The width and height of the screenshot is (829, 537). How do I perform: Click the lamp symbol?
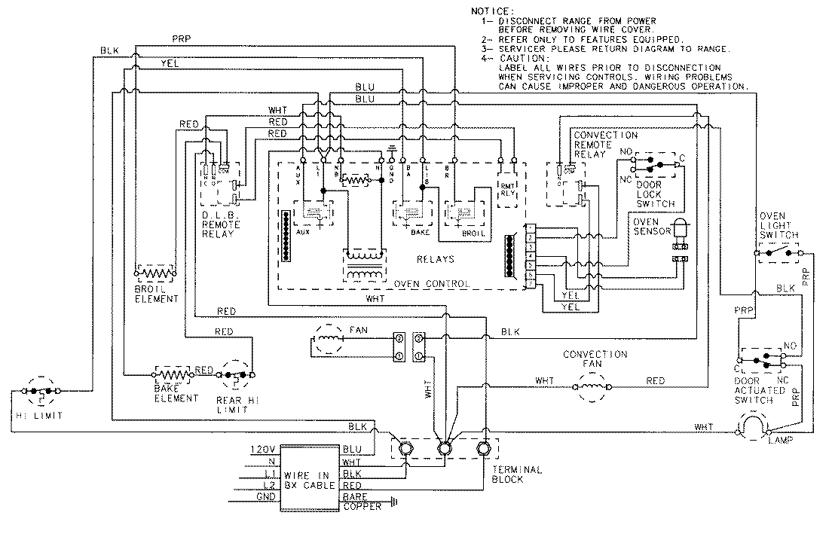(751, 429)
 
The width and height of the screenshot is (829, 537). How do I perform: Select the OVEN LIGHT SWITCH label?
(778, 224)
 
